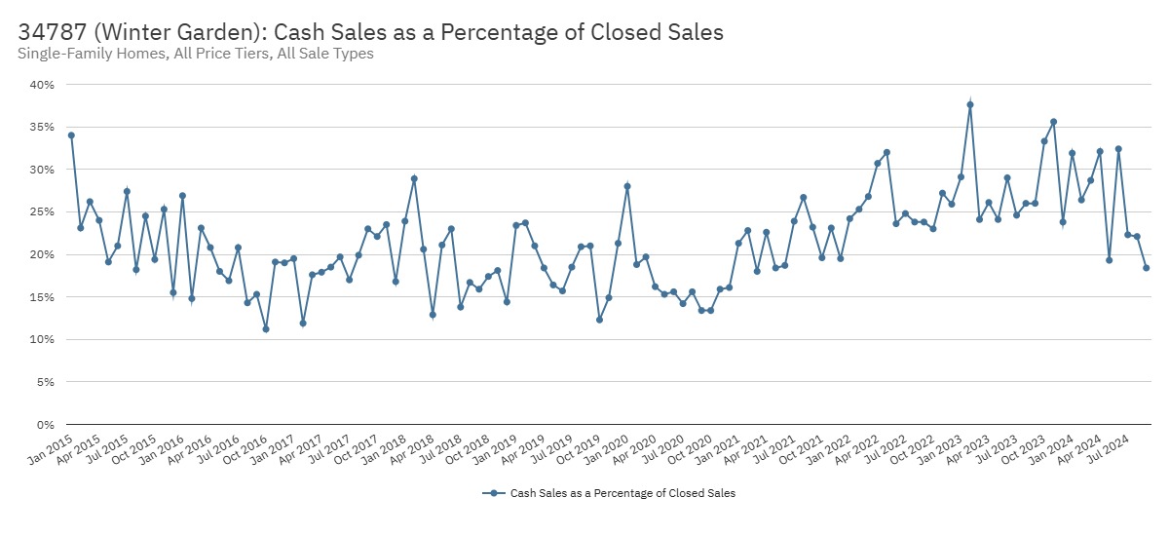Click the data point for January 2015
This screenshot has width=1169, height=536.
71,135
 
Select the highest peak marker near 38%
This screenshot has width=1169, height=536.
970,104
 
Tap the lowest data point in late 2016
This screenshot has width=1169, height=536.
266,329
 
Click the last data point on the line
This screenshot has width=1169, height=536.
1147,268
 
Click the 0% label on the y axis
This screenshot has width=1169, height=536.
45,425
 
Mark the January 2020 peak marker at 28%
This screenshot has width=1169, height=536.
627,186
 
